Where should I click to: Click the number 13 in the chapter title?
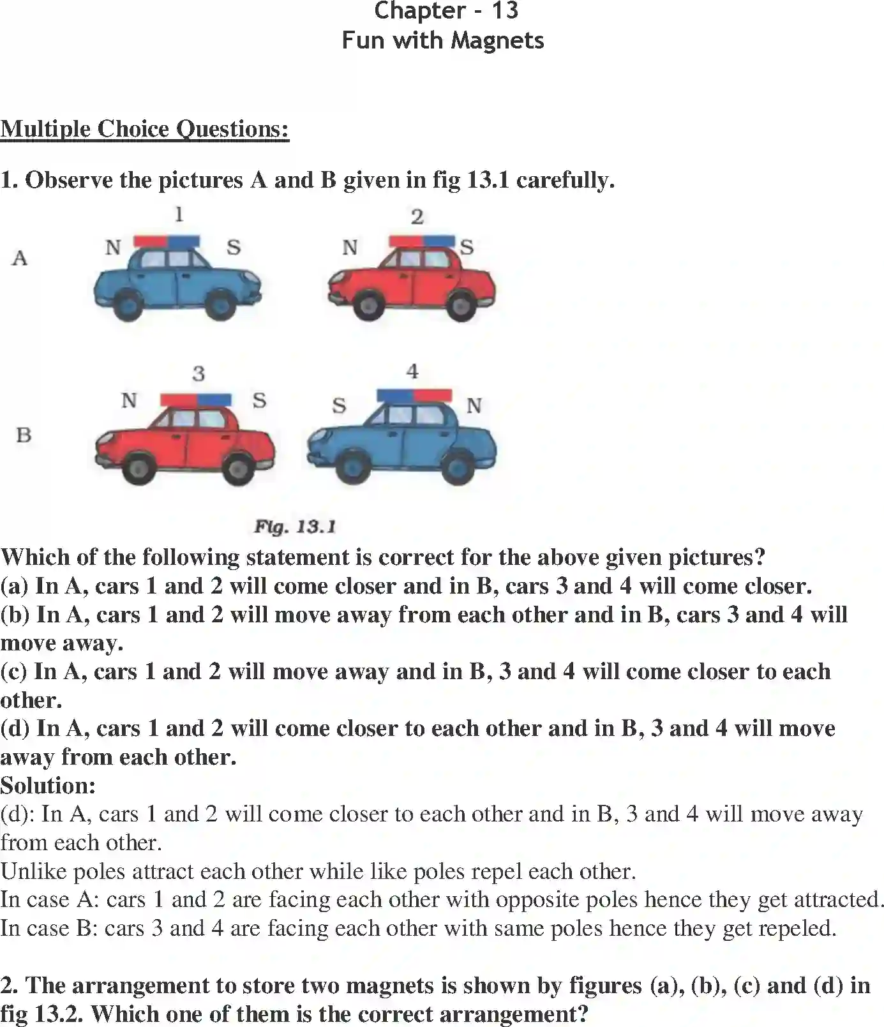[x=505, y=10]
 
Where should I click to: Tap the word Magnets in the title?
[x=497, y=40]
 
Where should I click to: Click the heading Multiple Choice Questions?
[x=144, y=129]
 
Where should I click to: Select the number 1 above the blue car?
[x=179, y=214]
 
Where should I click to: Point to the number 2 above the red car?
[x=417, y=217]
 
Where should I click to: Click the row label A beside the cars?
[x=20, y=258]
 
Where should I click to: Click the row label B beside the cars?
[x=24, y=435]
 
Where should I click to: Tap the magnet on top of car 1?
[x=167, y=241]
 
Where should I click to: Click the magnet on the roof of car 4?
[x=414, y=396]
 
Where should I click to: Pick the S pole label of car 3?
[x=259, y=400]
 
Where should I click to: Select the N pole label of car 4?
[x=474, y=405]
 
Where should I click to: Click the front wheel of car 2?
[x=369, y=304]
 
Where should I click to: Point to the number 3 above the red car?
[x=199, y=373]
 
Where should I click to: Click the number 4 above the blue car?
[x=412, y=371]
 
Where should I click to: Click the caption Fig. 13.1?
[x=295, y=527]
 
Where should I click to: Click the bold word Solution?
[x=48, y=785]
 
